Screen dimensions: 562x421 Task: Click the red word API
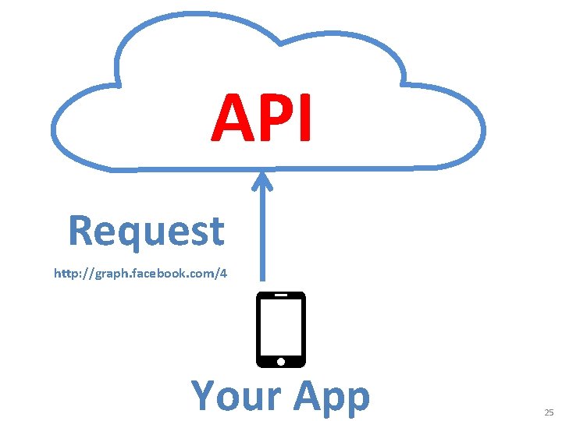pyautogui.click(x=261, y=119)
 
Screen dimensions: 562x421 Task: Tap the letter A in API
pyautogui.click(x=232, y=119)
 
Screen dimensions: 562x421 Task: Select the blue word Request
pyautogui.click(x=146, y=231)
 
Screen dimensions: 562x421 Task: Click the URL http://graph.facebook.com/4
pyautogui.click(x=140, y=274)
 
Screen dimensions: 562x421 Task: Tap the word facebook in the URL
pyautogui.click(x=152, y=274)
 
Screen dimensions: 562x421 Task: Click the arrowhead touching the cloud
pyautogui.click(x=262, y=181)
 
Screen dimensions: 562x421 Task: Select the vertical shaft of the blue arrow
pyautogui.click(x=262, y=234)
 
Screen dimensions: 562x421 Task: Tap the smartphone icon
pyautogui.click(x=281, y=329)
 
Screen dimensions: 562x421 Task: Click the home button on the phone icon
pyautogui.click(x=281, y=361)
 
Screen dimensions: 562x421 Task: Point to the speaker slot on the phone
pyautogui.click(x=281, y=296)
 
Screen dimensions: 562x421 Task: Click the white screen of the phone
pyautogui.click(x=281, y=327)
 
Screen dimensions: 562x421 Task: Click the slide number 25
pyautogui.click(x=549, y=412)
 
